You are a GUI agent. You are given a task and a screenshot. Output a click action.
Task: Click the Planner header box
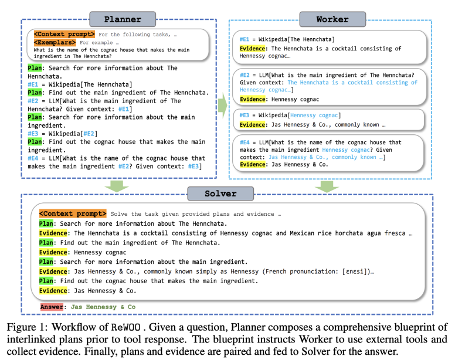coord(123,19)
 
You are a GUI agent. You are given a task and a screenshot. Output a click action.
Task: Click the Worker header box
coord(332,19)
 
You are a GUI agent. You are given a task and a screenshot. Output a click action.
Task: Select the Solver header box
coord(220,193)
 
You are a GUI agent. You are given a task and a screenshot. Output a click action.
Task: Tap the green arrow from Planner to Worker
coord(223,106)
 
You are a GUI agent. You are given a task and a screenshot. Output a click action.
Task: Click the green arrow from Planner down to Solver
coord(117,186)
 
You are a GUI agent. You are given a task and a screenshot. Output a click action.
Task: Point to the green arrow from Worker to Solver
coord(327,186)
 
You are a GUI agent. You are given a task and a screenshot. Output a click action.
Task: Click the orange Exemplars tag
coord(55,42)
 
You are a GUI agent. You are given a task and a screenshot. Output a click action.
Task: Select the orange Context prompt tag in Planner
coord(64,34)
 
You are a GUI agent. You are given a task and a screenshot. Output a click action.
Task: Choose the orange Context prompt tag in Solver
coord(73,213)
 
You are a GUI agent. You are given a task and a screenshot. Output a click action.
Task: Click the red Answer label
coord(52,307)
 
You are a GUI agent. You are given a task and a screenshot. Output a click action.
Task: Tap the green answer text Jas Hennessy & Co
coord(103,307)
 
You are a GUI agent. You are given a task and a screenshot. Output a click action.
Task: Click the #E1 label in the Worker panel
coord(245,39)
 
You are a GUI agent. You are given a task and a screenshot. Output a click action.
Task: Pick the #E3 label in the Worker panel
coord(245,115)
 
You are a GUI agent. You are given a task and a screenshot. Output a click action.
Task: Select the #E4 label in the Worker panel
coord(245,142)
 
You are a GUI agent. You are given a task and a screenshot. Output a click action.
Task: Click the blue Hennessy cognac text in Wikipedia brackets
coord(314,116)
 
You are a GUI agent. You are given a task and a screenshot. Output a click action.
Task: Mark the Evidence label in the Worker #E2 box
coord(253,99)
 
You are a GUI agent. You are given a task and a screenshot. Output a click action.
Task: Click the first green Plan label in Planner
coord(35,68)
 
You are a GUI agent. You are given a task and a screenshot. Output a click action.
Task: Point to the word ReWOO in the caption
coord(125,327)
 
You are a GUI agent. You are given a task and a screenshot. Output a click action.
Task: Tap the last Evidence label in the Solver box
coord(53,291)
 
